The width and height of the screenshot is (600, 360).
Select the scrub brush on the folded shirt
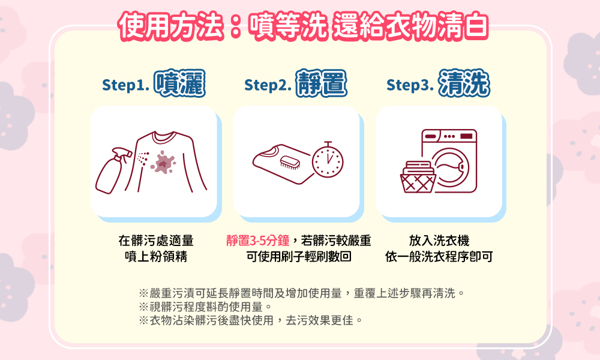pyautogui.click(x=290, y=163)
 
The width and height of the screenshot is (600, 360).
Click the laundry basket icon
pyautogui.click(x=418, y=177)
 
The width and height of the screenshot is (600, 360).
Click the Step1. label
pyautogui.click(x=125, y=85)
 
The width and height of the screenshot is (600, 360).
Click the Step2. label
pyautogui.click(x=268, y=85)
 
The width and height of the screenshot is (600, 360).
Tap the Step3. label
pyautogui.click(x=410, y=85)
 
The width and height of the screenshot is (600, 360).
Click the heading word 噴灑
pyautogui.click(x=179, y=83)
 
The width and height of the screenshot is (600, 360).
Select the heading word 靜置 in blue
pyautogui.click(x=322, y=83)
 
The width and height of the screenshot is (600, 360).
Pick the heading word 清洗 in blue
pyautogui.click(x=464, y=83)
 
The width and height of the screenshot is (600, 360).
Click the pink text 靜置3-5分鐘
pyautogui.click(x=257, y=241)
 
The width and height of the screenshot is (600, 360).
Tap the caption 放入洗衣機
pyautogui.click(x=439, y=241)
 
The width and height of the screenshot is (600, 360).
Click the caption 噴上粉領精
pyautogui.click(x=156, y=256)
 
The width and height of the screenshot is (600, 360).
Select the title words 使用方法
pyautogui.click(x=172, y=26)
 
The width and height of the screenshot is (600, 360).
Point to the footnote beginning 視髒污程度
pyautogui.click(x=205, y=307)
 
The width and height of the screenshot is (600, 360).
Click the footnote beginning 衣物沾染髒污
pyautogui.click(x=251, y=320)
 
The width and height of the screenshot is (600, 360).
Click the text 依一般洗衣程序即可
pyautogui.click(x=439, y=256)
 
